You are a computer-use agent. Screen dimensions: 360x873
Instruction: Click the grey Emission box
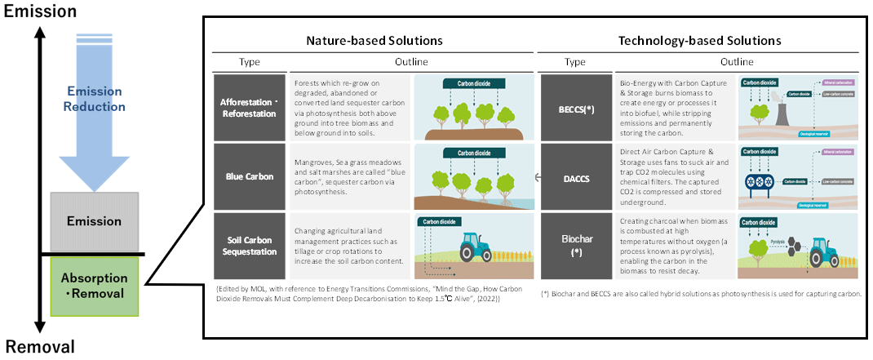click(95, 221)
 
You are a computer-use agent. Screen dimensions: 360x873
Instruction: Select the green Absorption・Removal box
click(95, 285)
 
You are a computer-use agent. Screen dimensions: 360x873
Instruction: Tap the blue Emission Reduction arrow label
click(96, 100)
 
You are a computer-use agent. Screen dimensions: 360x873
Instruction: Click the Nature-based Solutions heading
click(374, 40)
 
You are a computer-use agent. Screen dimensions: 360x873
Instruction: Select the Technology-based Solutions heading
click(700, 40)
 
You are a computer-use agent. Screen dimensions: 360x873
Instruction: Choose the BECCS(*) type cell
click(574, 107)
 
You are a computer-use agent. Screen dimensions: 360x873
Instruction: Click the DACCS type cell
click(574, 176)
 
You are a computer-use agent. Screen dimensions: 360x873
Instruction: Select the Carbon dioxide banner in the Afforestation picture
click(472, 83)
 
